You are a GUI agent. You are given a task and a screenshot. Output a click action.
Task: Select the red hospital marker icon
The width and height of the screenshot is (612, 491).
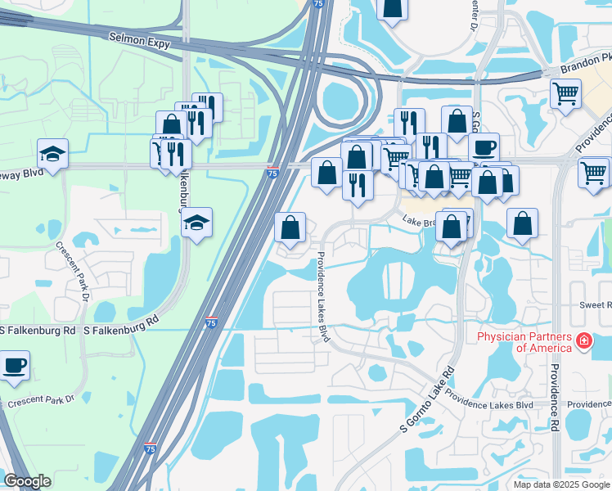point(584,341)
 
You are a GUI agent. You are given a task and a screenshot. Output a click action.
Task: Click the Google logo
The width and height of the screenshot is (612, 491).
point(27,481)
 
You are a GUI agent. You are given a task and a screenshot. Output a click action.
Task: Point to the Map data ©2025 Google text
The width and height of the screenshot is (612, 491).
point(560,484)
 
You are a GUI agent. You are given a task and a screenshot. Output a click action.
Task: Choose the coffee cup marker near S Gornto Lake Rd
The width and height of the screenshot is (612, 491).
point(484,147)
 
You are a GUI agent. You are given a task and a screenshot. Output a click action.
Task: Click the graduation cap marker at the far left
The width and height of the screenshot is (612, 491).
point(52,154)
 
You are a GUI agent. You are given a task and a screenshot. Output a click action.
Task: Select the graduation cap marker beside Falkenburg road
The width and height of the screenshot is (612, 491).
point(196,223)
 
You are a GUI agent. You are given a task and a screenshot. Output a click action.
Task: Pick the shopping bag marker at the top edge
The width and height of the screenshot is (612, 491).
point(393,8)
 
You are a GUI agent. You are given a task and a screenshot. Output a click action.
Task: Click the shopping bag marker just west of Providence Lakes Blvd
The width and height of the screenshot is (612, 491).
point(290,227)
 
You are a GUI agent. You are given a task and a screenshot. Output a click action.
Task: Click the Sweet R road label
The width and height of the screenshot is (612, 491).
point(596,304)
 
